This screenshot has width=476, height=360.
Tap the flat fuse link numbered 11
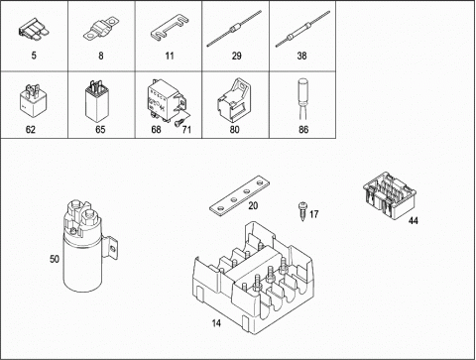(170, 28)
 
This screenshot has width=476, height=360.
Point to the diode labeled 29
(234, 28)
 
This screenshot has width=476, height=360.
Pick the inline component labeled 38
(302, 29)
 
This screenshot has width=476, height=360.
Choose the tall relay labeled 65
(97, 100)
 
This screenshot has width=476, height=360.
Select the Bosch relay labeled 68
(165, 100)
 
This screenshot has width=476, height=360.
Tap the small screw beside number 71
(178, 123)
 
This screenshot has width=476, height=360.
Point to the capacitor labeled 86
(303, 99)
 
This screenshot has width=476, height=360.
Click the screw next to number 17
(302, 211)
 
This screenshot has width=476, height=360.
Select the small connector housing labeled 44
(390, 195)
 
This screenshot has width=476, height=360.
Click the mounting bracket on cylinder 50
(110, 247)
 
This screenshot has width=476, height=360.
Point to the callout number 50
(55, 259)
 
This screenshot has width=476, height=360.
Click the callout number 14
(216, 323)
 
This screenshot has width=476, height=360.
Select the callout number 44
(414, 220)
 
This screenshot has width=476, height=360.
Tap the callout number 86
(303, 129)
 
